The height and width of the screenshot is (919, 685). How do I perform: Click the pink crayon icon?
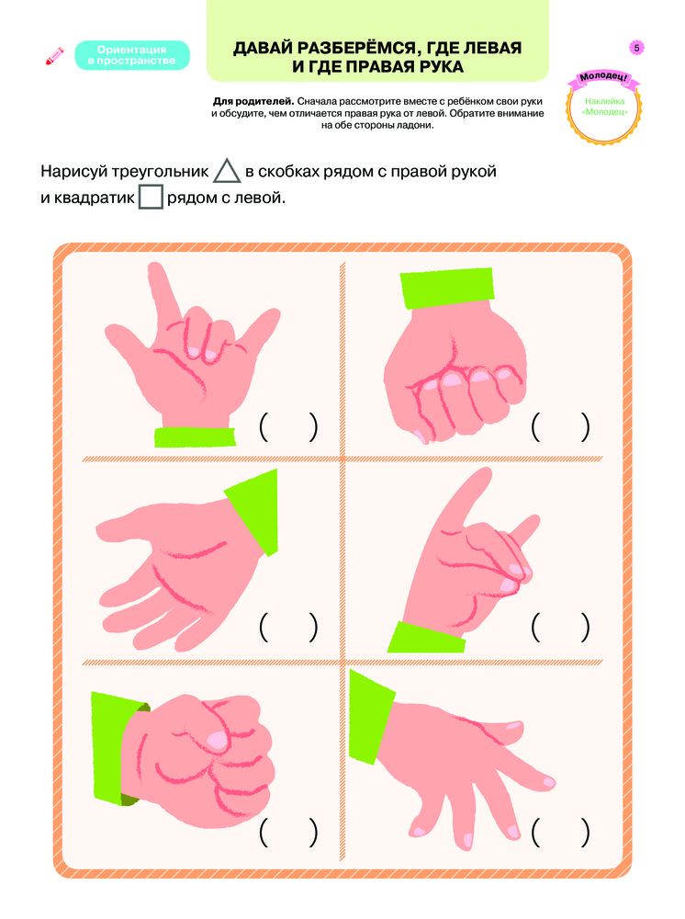pos(55,56)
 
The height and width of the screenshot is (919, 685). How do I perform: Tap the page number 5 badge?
pos(636,48)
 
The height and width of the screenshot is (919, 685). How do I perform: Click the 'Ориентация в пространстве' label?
pos(131,55)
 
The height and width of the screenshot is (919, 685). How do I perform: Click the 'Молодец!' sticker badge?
pos(603,108)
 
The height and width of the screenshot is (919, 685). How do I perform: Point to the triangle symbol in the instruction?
pos(227,171)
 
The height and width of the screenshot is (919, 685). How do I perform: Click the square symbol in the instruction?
pos(151,197)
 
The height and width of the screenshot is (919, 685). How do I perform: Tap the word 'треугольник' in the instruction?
pos(160,172)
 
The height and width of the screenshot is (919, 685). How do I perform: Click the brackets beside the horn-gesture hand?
pos(288,427)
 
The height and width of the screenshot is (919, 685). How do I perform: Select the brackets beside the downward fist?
pos(560,427)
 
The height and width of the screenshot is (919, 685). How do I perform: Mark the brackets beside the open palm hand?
pos(288,627)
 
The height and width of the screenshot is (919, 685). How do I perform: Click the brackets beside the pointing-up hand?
pos(560,627)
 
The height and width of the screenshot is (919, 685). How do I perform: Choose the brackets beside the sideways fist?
pos(288,833)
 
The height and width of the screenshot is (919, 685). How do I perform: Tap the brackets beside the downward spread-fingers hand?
pos(560,833)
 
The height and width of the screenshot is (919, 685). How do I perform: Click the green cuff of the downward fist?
pos(447,287)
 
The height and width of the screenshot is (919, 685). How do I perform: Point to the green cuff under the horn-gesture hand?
pos(195,437)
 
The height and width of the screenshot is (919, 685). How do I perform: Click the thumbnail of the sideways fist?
pos(219,740)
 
